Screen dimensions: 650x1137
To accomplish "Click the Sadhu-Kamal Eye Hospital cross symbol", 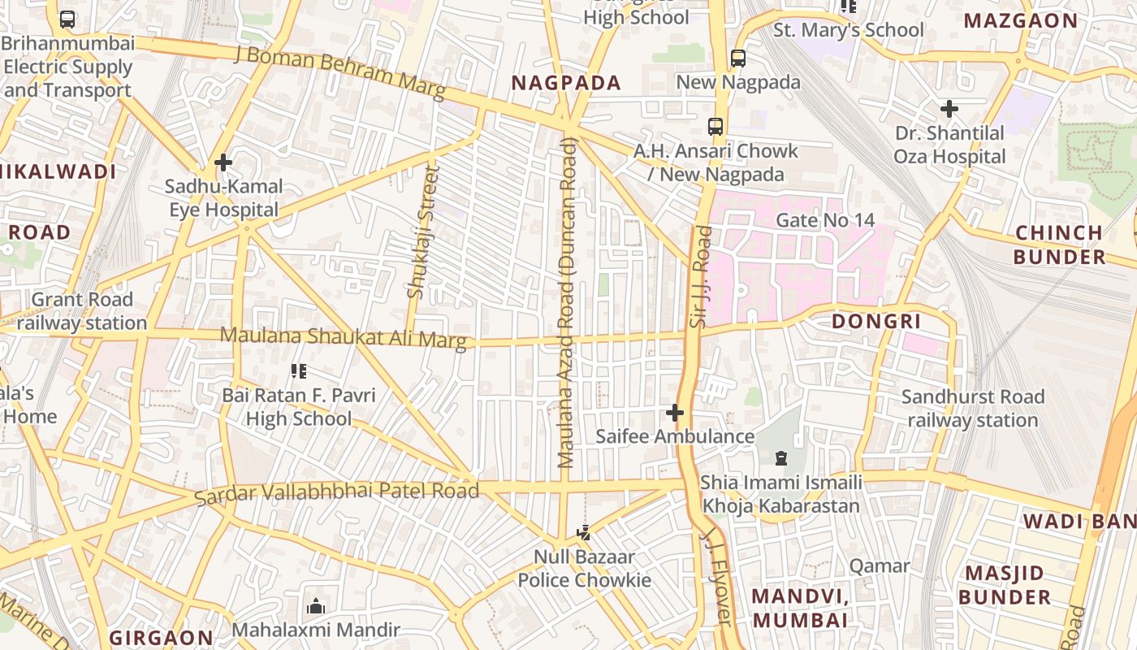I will tap(223, 162).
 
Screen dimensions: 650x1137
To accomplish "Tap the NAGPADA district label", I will tap(566, 83).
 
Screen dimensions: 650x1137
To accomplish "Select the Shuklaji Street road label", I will tap(422, 232).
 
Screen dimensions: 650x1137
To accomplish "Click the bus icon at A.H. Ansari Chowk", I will tap(715, 127).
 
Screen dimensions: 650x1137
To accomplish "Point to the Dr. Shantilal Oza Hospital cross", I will tap(949, 108).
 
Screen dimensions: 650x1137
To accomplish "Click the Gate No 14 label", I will tap(825, 220).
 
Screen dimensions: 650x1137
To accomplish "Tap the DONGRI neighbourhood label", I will tap(875, 322).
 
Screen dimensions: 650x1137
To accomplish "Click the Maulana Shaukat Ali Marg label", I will tap(344, 338).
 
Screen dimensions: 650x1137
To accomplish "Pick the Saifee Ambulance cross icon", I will tap(674, 413).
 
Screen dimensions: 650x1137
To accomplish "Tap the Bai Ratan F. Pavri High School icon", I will tap(299, 372).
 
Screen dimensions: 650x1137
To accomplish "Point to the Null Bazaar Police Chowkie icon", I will tap(583, 533).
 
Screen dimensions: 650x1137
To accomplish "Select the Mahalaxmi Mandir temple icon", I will tap(316, 606).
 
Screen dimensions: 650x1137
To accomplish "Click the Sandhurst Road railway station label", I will tap(972, 409).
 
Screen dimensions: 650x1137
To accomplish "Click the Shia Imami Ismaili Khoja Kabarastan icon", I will tap(780, 458).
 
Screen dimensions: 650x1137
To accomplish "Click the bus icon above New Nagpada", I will tap(737, 58).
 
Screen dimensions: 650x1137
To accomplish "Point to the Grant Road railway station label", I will tap(81, 311).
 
